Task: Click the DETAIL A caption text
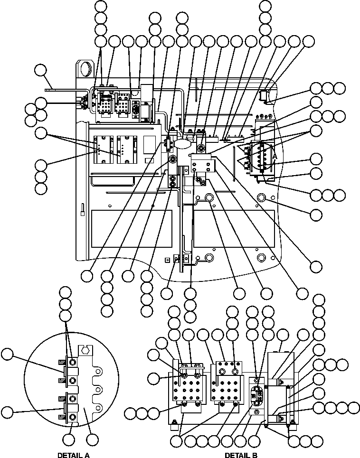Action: coord(74,454)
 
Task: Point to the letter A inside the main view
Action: coord(274,156)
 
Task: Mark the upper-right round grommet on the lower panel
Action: coord(261,197)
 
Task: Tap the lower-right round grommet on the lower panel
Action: coord(261,257)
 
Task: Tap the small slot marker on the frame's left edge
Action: coord(82,209)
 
